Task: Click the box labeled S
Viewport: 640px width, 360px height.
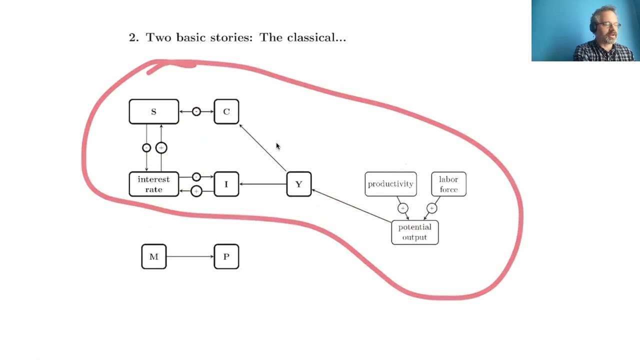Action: (153, 111)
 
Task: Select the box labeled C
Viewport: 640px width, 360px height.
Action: (226, 111)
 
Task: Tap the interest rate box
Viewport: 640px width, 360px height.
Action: (153, 184)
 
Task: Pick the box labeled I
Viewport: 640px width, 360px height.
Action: (226, 184)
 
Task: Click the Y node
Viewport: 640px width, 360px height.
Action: (298, 184)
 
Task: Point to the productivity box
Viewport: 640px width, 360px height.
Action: (390, 184)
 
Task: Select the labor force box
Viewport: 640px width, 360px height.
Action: (448, 184)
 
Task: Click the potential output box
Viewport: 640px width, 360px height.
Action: (414, 232)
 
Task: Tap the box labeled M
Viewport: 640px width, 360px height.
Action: (153, 256)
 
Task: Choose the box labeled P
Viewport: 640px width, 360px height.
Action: (226, 256)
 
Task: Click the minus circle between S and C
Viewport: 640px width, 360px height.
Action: (196, 111)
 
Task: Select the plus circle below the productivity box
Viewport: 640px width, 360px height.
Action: (403, 208)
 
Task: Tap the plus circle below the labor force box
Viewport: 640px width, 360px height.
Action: (431, 208)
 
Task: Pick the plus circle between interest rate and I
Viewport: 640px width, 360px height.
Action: (196, 191)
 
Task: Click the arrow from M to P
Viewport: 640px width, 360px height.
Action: (190, 256)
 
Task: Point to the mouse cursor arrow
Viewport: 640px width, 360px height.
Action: (277, 146)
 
